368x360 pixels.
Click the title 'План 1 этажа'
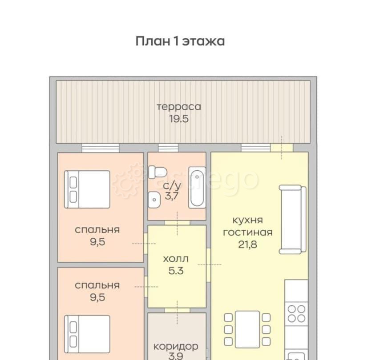click(180, 41)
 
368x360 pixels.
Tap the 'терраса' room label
click(178, 107)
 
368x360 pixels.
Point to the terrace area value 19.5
click(178, 119)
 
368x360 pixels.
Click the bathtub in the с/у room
click(196, 187)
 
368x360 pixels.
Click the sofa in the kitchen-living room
click(292, 220)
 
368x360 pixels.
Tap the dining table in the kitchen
click(247, 329)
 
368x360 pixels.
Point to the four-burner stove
click(297, 312)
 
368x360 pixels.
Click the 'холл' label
click(176, 258)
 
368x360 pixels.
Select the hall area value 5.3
click(176, 270)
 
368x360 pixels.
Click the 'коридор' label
click(176, 346)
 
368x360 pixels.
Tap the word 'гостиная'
click(247, 232)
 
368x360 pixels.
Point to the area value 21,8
click(247, 244)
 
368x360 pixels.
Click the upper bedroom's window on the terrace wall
click(101, 148)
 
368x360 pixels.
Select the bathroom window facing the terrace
click(168, 148)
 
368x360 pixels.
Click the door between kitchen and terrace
click(281, 148)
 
